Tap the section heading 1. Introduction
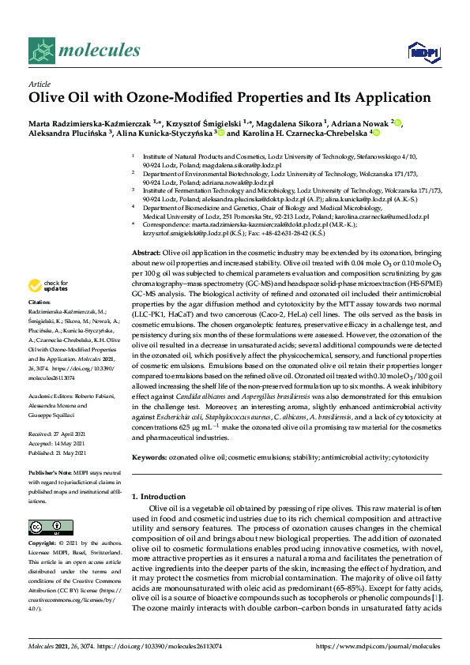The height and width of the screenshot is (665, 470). (162, 496)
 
